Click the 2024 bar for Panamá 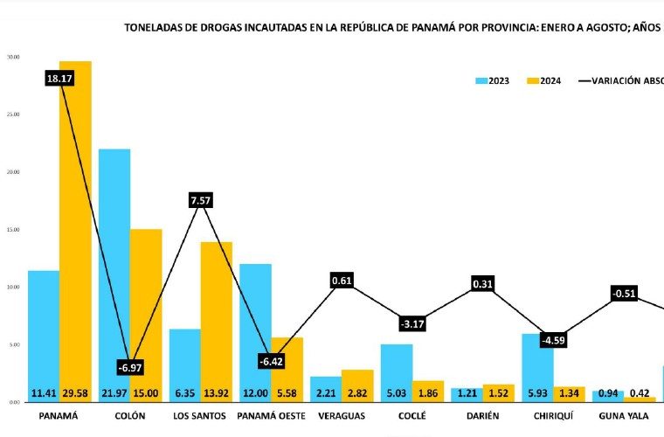coord(75,227)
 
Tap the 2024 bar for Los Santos coord(217,315)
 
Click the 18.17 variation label coord(59,79)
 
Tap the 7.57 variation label coord(201,200)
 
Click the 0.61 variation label coord(342,281)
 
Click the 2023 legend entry coord(493,81)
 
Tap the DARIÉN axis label coord(483,416)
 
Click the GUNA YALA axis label coord(624,416)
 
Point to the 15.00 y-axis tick coord(13,230)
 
